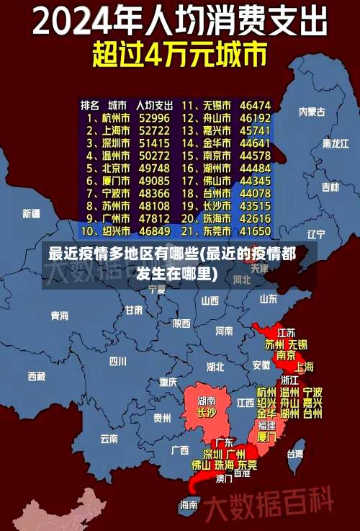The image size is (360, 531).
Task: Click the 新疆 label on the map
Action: click(x=31, y=213)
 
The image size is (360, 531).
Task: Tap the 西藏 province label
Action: click(x=36, y=375)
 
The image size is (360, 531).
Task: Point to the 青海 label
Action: click(x=59, y=316)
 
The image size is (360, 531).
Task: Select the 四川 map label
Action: click(x=117, y=361)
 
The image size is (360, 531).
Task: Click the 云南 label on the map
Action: click(x=109, y=438)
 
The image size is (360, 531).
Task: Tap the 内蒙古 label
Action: click(x=312, y=112)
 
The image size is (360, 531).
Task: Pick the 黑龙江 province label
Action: click(x=335, y=143)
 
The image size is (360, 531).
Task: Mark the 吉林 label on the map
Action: click(x=330, y=187)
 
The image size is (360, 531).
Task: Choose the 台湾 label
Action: click(x=295, y=454)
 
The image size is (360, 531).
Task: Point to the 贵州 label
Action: click(x=162, y=417)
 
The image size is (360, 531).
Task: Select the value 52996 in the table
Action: click(x=154, y=117)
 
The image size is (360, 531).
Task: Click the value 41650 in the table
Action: click(x=255, y=231)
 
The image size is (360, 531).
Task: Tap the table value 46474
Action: click(x=255, y=104)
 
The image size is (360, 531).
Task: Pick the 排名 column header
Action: click(x=90, y=104)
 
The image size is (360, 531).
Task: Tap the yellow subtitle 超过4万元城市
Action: click(x=180, y=55)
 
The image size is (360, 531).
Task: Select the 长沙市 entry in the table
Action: click(x=216, y=205)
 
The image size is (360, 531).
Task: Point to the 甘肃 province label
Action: click(x=134, y=311)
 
